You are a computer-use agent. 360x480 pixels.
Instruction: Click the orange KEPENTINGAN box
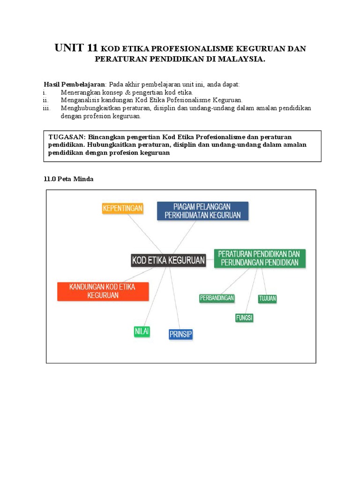(122, 208)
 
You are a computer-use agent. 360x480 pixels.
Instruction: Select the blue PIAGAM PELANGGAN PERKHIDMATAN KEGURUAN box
(202, 211)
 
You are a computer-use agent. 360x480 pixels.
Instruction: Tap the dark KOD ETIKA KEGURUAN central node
(168, 260)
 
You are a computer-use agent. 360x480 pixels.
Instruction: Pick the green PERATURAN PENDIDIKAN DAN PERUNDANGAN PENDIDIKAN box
(260, 258)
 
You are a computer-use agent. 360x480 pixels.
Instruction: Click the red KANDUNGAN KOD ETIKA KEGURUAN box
(103, 291)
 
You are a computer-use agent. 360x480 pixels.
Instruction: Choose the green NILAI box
(142, 331)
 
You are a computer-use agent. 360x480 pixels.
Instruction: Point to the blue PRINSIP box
(180, 334)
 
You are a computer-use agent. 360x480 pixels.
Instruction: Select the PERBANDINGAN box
(217, 298)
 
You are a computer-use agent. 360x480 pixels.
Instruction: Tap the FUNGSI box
(244, 318)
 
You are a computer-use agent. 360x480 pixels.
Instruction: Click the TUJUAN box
(267, 298)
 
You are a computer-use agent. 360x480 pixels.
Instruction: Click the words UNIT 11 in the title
(76, 48)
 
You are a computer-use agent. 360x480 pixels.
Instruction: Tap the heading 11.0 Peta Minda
(68, 179)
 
